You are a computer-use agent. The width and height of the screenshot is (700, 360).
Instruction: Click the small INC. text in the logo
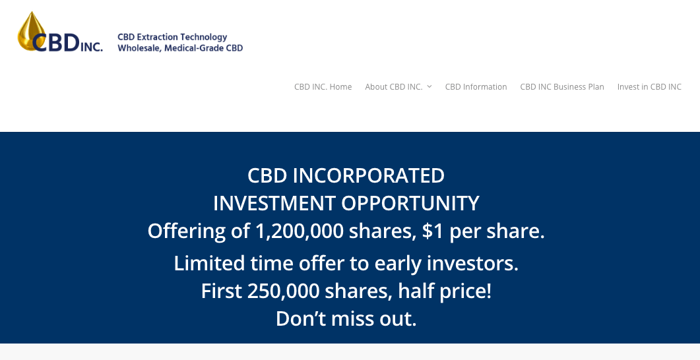pyautogui.click(x=91, y=46)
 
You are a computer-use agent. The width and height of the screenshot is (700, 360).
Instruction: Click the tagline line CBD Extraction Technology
pyautogui.click(x=172, y=37)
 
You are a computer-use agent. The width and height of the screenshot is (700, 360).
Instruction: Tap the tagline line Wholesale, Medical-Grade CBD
pyautogui.click(x=180, y=48)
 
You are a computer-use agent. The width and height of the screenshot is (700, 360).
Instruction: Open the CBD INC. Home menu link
pyautogui.click(x=323, y=87)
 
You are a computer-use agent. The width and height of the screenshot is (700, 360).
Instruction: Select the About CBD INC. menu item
pyautogui.click(x=394, y=87)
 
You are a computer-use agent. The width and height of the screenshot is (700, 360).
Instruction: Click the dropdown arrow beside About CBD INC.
pyautogui.click(x=429, y=86)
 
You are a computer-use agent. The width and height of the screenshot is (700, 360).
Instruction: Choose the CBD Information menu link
pyautogui.click(x=476, y=87)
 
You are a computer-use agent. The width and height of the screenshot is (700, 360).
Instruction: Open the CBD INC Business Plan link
pyautogui.click(x=562, y=87)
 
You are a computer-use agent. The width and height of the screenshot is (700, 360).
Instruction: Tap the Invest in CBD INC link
pyautogui.click(x=650, y=87)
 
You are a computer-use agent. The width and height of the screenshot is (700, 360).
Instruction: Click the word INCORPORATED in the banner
pyautogui.click(x=368, y=176)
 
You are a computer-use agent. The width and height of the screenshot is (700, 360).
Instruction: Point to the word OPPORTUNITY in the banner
pyautogui.click(x=410, y=204)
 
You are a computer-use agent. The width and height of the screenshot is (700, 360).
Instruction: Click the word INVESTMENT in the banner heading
pyautogui.click(x=274, y=204)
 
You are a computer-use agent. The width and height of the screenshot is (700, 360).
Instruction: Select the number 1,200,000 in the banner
pyautogui.click(x=300, y=231)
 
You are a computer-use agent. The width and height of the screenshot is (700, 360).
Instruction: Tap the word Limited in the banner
pyautogui.click(x=209, y=263)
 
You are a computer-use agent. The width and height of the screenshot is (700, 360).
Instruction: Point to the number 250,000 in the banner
pyautogui.click(x=283, y=291)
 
